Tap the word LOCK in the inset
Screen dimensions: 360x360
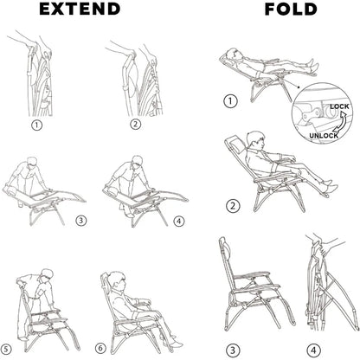pyautogui.click(x=340, y=106)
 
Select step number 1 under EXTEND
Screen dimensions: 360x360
pyautogui.click(x=36, y=124)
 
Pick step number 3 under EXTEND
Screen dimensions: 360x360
pyautogui.click(x=81, y=220)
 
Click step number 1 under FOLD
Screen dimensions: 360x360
pyautogui.click(x=231, y=101)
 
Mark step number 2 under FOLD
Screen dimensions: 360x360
pyautogui.click(x=232, y=205)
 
